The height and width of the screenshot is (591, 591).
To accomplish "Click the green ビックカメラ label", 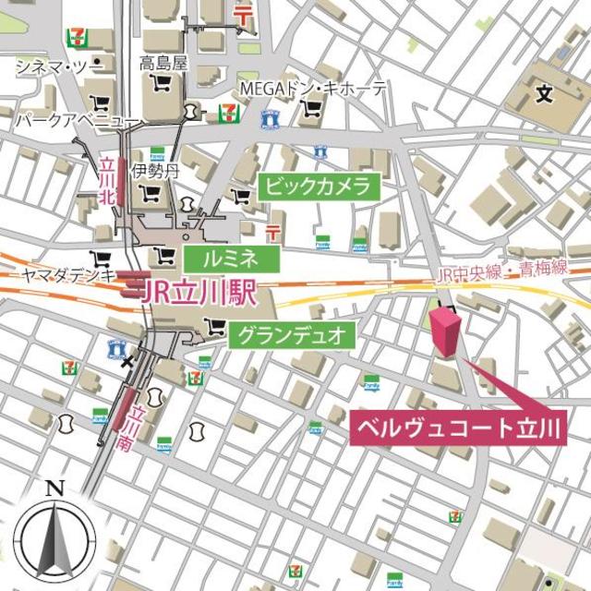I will (319, 187).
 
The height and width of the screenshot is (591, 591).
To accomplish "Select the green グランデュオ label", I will (291, 335).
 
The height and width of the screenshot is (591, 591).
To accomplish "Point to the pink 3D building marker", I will (444, 332).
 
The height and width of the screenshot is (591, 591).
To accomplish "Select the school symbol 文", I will (544, 93).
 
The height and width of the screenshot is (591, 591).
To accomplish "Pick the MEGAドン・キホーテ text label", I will (313, 89).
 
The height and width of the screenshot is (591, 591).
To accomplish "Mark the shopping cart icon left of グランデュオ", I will (218, 325).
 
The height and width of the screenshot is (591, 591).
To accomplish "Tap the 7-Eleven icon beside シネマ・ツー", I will (76, 38).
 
